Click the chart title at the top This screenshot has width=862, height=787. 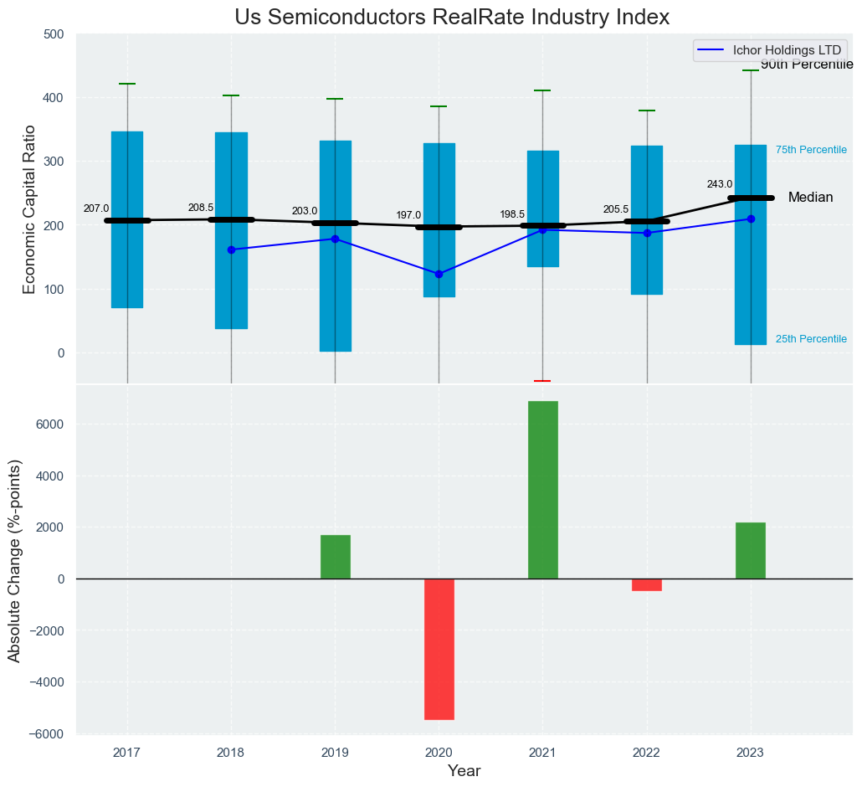[x=452, y=18]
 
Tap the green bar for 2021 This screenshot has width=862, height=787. [x=542, y=490]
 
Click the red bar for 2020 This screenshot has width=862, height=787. [x=439, y=649]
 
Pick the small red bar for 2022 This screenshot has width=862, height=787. [x=647, y=585]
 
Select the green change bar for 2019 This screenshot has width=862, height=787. [x=335, y=557]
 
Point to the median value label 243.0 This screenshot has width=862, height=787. [x=720, y=184]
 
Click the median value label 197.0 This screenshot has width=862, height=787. [x=408, y=215]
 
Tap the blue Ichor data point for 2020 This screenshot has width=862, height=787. [x=439, y=274]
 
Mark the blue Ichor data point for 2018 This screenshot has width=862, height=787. [x=231, y=249]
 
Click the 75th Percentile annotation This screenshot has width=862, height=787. [x=811, y=150]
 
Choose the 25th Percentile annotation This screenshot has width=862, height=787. [x=811, y=339]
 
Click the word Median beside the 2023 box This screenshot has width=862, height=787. [x=810, y=198]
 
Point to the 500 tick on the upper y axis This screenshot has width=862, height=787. [x=54, y=34]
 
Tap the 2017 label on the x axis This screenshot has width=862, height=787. [x=127, y=753]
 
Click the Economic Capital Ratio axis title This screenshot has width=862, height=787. [x=30, y=209]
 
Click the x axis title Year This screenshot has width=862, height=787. [x=464, y=771]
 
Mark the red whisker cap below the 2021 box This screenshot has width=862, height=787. [x=542, y=381]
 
